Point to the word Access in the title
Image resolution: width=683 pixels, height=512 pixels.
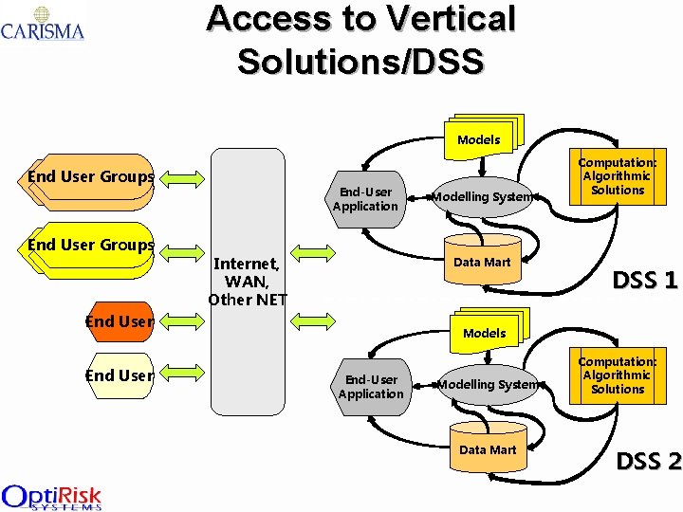[268, 20]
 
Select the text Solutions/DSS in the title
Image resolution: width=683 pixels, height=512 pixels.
[360, 60]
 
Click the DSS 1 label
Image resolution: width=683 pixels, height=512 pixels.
[645, 281]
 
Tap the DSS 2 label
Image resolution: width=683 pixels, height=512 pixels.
[649, 462]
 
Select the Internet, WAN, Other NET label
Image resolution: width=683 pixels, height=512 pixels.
[247, 281]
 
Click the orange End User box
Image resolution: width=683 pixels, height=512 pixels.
[119, 321]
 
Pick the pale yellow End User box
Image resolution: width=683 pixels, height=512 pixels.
[119, 375]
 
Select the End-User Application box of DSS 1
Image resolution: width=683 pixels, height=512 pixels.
[365, 199]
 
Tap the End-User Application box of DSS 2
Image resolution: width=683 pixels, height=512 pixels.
[371, 387]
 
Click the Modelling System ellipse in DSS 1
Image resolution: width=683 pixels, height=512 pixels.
[482, 197]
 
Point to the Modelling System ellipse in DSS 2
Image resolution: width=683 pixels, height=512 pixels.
[488, 385]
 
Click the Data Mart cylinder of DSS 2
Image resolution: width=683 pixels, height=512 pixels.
[488, 449]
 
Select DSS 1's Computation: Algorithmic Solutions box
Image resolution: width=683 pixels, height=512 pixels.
[617, 176]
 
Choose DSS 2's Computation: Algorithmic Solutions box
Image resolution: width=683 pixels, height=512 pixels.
[617, 375]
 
